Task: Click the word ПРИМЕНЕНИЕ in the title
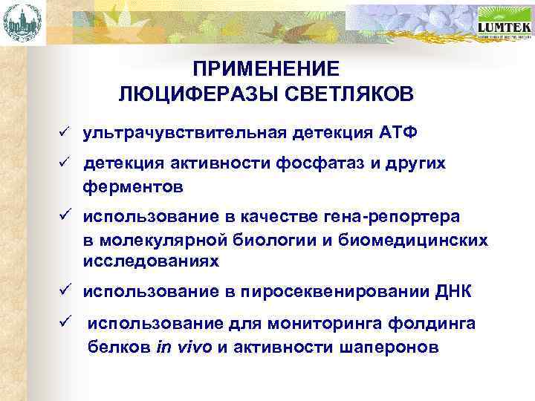265,69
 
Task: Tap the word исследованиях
151,262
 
